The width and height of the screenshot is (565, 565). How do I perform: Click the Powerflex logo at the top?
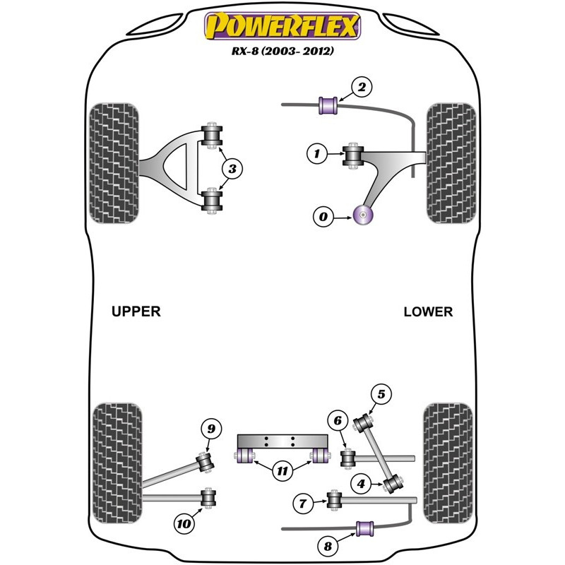tap(282, 28)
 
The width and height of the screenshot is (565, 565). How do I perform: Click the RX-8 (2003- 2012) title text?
tap(282, 52)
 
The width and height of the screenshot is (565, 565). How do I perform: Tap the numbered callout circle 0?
tap(323, 218)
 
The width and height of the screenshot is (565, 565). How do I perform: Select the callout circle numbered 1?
tap(318, 153)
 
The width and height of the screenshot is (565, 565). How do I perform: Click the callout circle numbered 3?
tap(232, 168)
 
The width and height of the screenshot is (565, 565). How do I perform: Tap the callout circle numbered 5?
tap(381, 395)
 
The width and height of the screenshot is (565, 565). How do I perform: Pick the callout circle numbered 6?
tap(338, 422)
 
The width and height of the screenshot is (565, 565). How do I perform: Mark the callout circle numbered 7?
tap(303, 504)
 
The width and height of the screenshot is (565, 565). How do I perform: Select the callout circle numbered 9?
tap(210, 428)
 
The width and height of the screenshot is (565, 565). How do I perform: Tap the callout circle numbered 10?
tap(184, 524)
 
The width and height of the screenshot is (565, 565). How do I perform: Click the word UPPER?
tap(136, 311)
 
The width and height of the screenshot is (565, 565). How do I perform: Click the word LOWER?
tap(428, 311)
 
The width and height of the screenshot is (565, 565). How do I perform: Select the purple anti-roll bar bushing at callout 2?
tap(328, 105)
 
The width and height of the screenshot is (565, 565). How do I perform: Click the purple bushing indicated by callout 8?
tap(365, 528)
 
